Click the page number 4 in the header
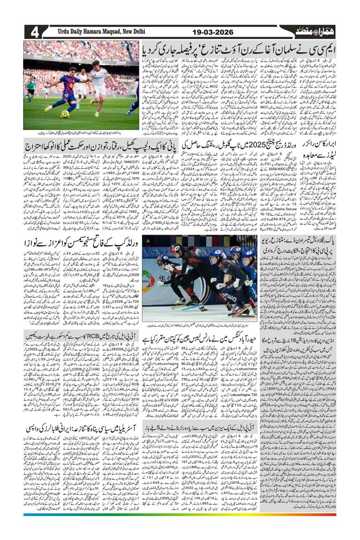[34, 33]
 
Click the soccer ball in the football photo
[65, 114]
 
